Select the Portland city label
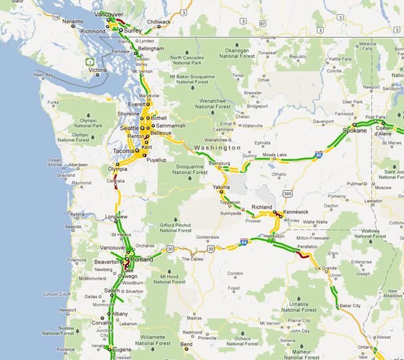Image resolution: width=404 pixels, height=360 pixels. click(142, 260)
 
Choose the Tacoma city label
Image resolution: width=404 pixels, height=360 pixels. click(124, 151)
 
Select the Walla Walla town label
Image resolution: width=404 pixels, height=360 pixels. click(315, 221)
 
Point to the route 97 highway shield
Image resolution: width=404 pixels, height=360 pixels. click(262, 22)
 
